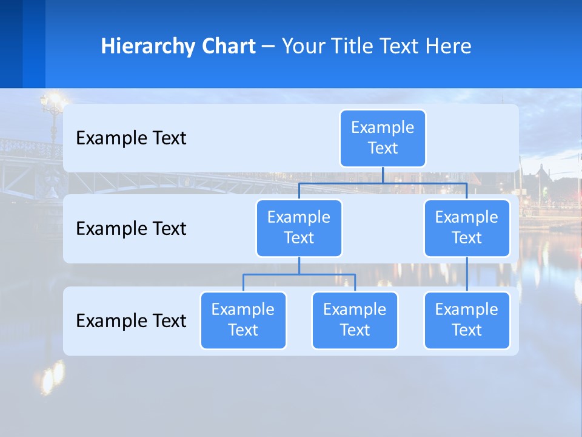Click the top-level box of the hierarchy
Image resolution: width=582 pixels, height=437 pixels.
click(383, 138)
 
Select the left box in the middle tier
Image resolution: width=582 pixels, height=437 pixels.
click(299, 228)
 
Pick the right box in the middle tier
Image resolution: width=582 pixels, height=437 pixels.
click(467, 228)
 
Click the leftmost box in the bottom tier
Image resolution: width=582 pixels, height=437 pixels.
click(243, 320)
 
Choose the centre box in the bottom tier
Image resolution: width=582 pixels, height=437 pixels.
click(355, 320)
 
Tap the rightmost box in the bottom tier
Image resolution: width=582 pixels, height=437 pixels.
click(467, 320)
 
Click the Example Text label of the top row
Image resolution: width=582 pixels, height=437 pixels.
click(131, 138)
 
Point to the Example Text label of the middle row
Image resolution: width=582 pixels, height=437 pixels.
click(131, 229)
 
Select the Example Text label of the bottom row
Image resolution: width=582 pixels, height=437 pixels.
click(131, 320)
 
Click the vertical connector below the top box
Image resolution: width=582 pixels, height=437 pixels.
click(383, 175)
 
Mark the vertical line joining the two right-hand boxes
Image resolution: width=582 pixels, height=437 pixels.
click(467, 274)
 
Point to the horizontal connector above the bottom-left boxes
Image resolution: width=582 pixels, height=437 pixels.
click(299, 274)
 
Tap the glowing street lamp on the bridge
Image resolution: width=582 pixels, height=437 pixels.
click(53, 101)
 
